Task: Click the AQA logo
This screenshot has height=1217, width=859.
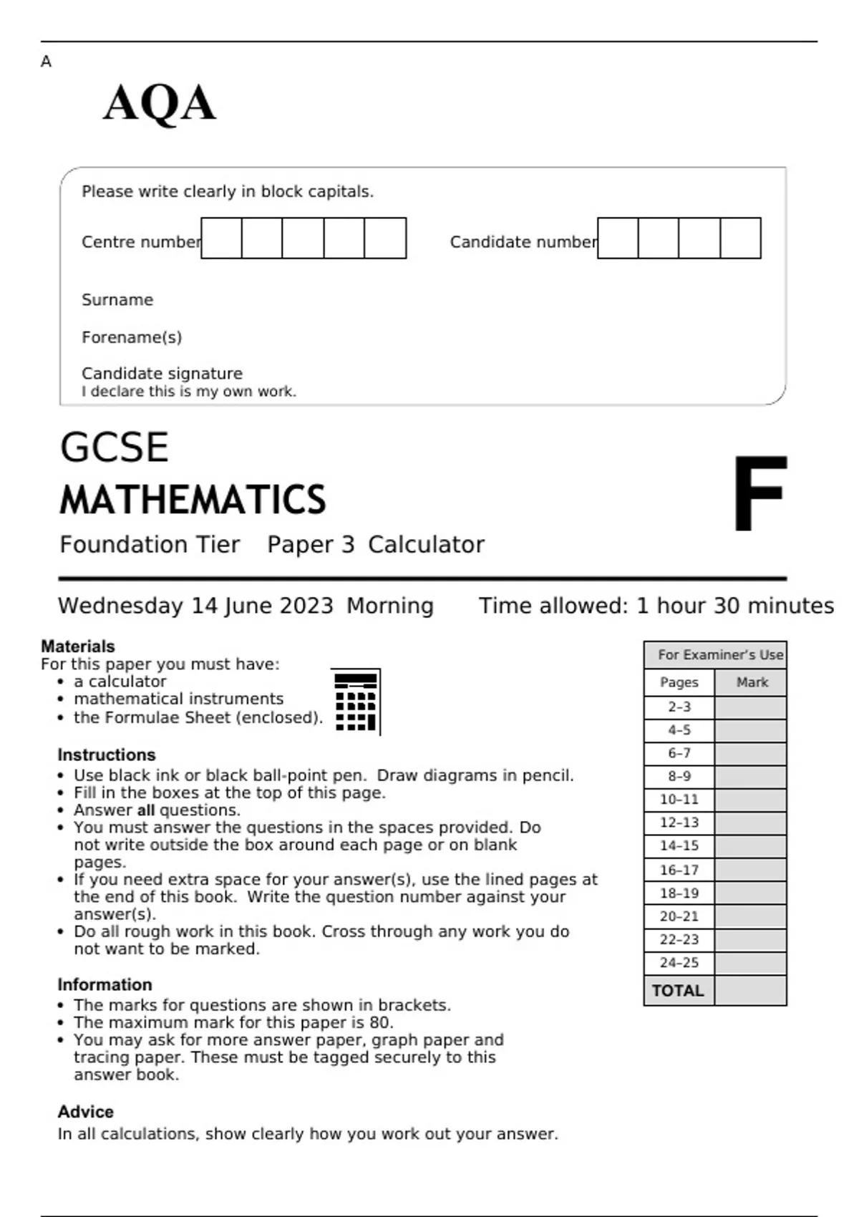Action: point(159,104)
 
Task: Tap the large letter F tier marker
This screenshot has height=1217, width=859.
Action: point(759,493)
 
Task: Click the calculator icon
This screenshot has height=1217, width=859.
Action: point(356,702)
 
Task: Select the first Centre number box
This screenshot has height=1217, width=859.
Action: point(221,238)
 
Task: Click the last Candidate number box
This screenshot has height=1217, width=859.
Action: point(740,238)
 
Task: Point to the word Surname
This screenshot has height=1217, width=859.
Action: point(117,300)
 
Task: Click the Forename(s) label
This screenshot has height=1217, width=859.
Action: point(132,337)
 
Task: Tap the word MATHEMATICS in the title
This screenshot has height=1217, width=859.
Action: point(193,500)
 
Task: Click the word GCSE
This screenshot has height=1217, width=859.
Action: point(115,447)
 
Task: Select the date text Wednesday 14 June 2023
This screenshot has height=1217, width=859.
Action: point(195,606)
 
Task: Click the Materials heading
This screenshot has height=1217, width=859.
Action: point(77,646)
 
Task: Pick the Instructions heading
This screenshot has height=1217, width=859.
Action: point(106,755)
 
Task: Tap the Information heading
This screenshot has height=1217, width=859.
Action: point(105,985)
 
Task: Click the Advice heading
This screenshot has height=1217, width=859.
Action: point(85,1112)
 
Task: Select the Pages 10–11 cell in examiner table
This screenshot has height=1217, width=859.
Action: point(679,800)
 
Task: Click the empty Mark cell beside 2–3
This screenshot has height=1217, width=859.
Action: point(750,707)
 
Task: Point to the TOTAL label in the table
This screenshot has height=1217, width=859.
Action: point(678,991)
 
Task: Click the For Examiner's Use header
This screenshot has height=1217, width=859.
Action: point(719,655)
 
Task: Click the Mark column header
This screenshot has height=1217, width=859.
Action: point(752,683)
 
